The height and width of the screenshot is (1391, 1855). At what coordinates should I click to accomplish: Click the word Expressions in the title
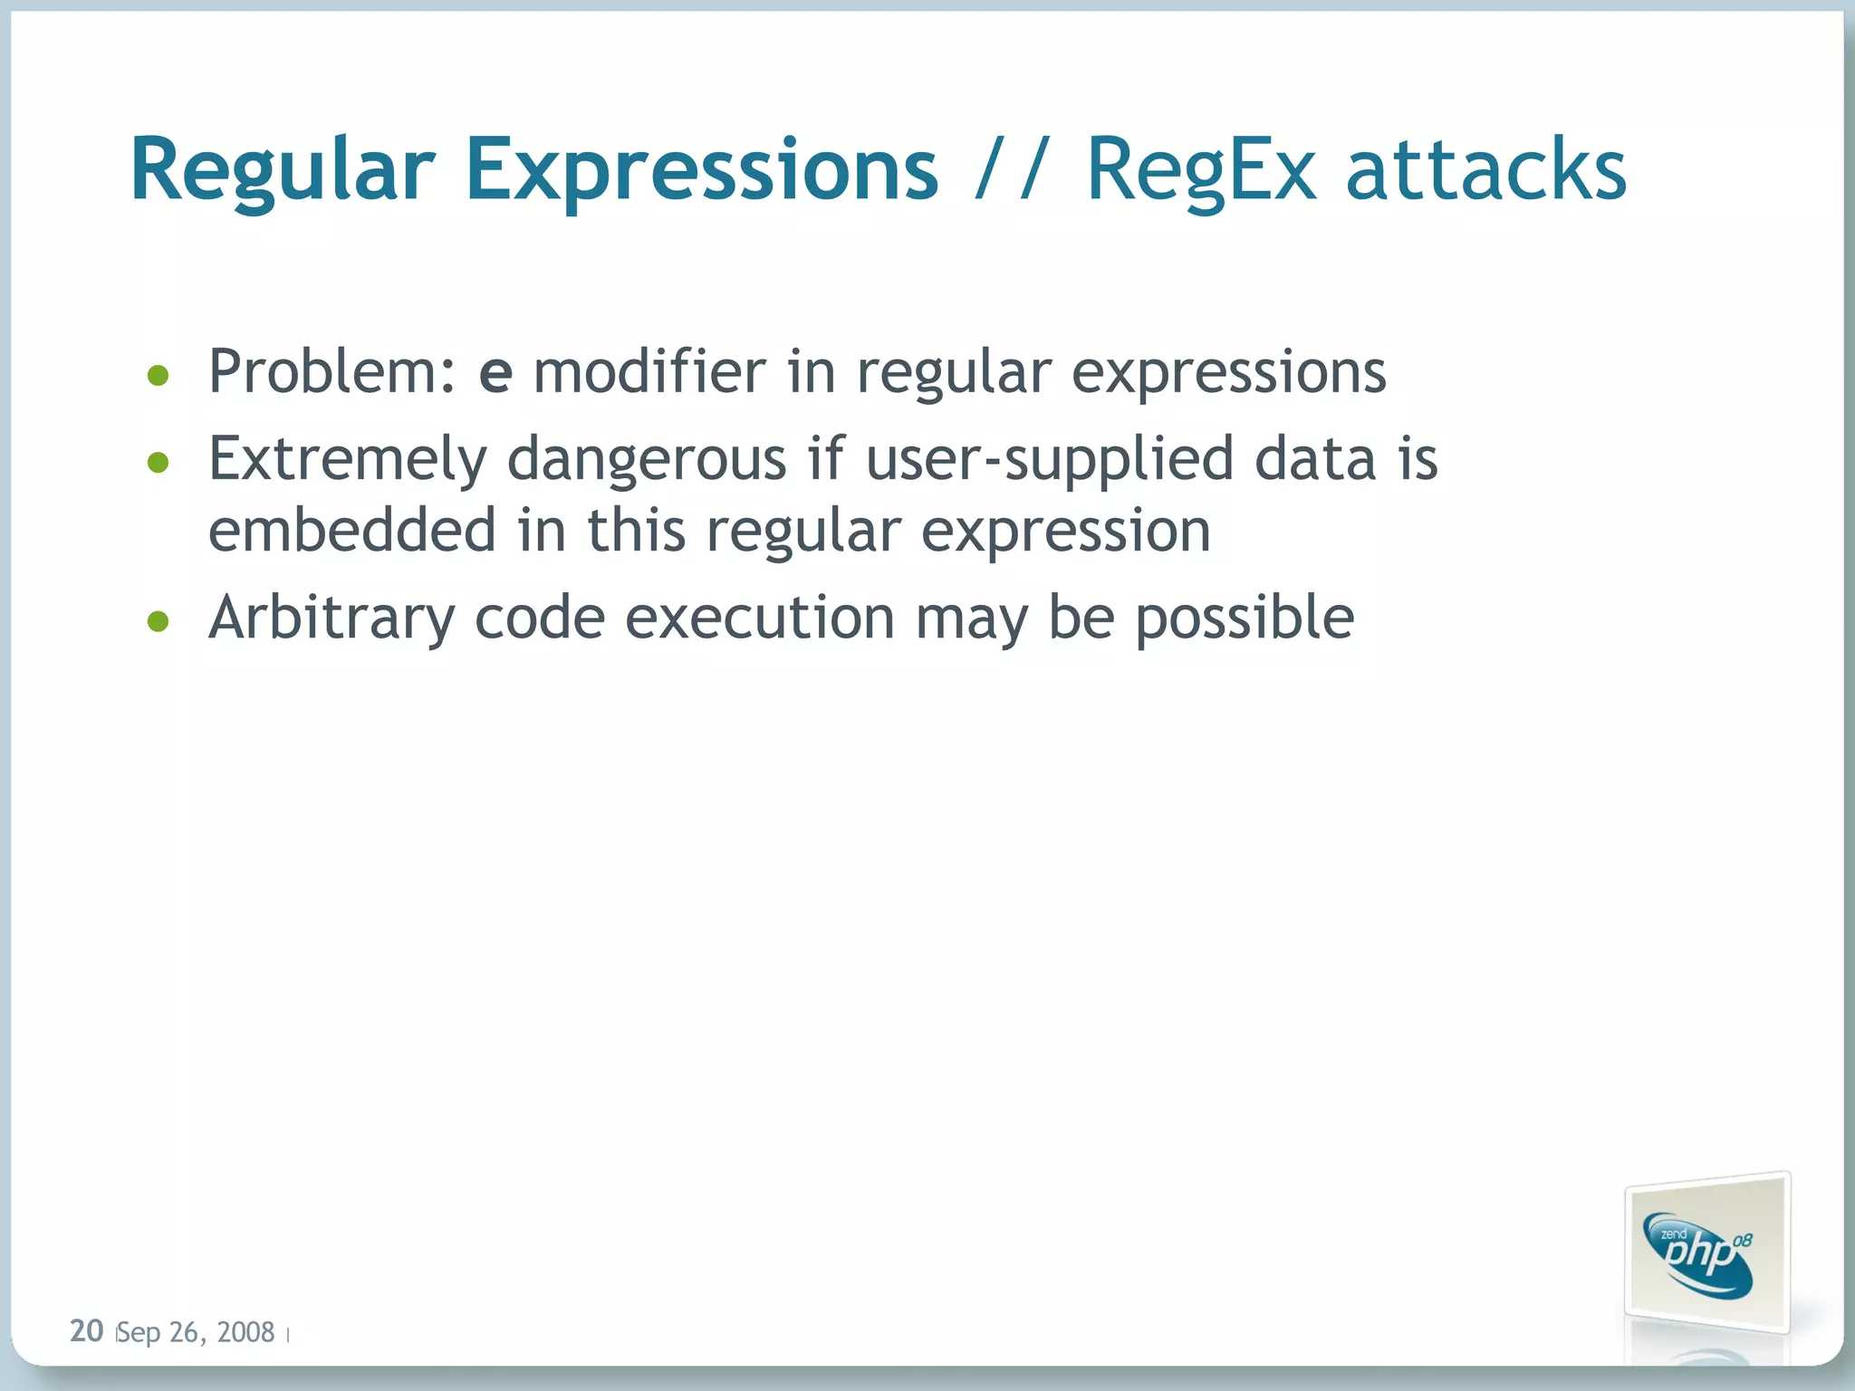coord(702,170)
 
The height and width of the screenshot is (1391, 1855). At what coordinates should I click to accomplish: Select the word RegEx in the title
coord(1200,170)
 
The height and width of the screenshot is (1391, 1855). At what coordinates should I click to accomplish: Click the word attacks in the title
coord(1485,170)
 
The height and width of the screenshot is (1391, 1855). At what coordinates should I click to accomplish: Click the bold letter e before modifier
coord(495,373)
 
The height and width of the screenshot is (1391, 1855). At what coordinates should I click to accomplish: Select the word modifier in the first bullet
coord(649,371)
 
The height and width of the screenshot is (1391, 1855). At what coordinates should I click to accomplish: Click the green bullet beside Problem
coord(159,375)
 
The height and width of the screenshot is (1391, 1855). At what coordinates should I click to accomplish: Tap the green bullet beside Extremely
coord(159,463)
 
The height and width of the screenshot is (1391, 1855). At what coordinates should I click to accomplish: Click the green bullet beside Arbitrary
coord(159,621)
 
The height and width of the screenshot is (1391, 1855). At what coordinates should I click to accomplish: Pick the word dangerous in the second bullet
coord(647,459)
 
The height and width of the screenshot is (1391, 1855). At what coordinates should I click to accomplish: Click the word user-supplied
coord(1050,459)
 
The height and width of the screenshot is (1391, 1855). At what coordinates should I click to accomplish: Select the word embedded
coord(352,530)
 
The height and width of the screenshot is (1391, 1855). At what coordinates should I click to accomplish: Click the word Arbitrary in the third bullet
coord(332,619)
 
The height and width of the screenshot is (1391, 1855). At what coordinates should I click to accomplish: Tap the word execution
coord(760,618)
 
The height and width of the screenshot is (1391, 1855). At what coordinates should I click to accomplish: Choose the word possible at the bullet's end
coord(1245,619)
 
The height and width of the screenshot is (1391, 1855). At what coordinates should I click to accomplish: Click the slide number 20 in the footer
coord(87,1330)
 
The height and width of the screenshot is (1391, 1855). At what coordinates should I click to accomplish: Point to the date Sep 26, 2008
coord(197,1332)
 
